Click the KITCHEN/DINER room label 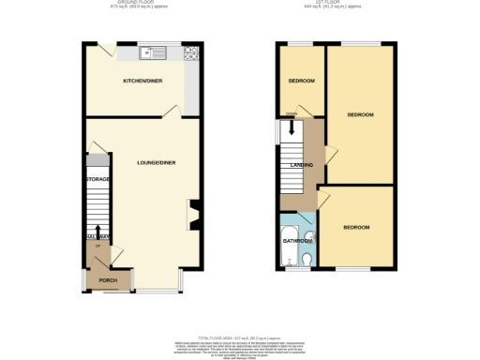[142, 82]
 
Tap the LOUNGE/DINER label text [155, 162]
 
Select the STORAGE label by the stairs [97, 178]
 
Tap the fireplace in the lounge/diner [192, 215]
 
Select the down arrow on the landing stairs [291, 128]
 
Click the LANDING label [302, 166]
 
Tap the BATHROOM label [297, 241]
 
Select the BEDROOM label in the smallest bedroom [300, 81]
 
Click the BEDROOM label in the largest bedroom [360, 114]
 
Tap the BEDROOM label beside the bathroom [355, 228]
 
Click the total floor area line [240, 337]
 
